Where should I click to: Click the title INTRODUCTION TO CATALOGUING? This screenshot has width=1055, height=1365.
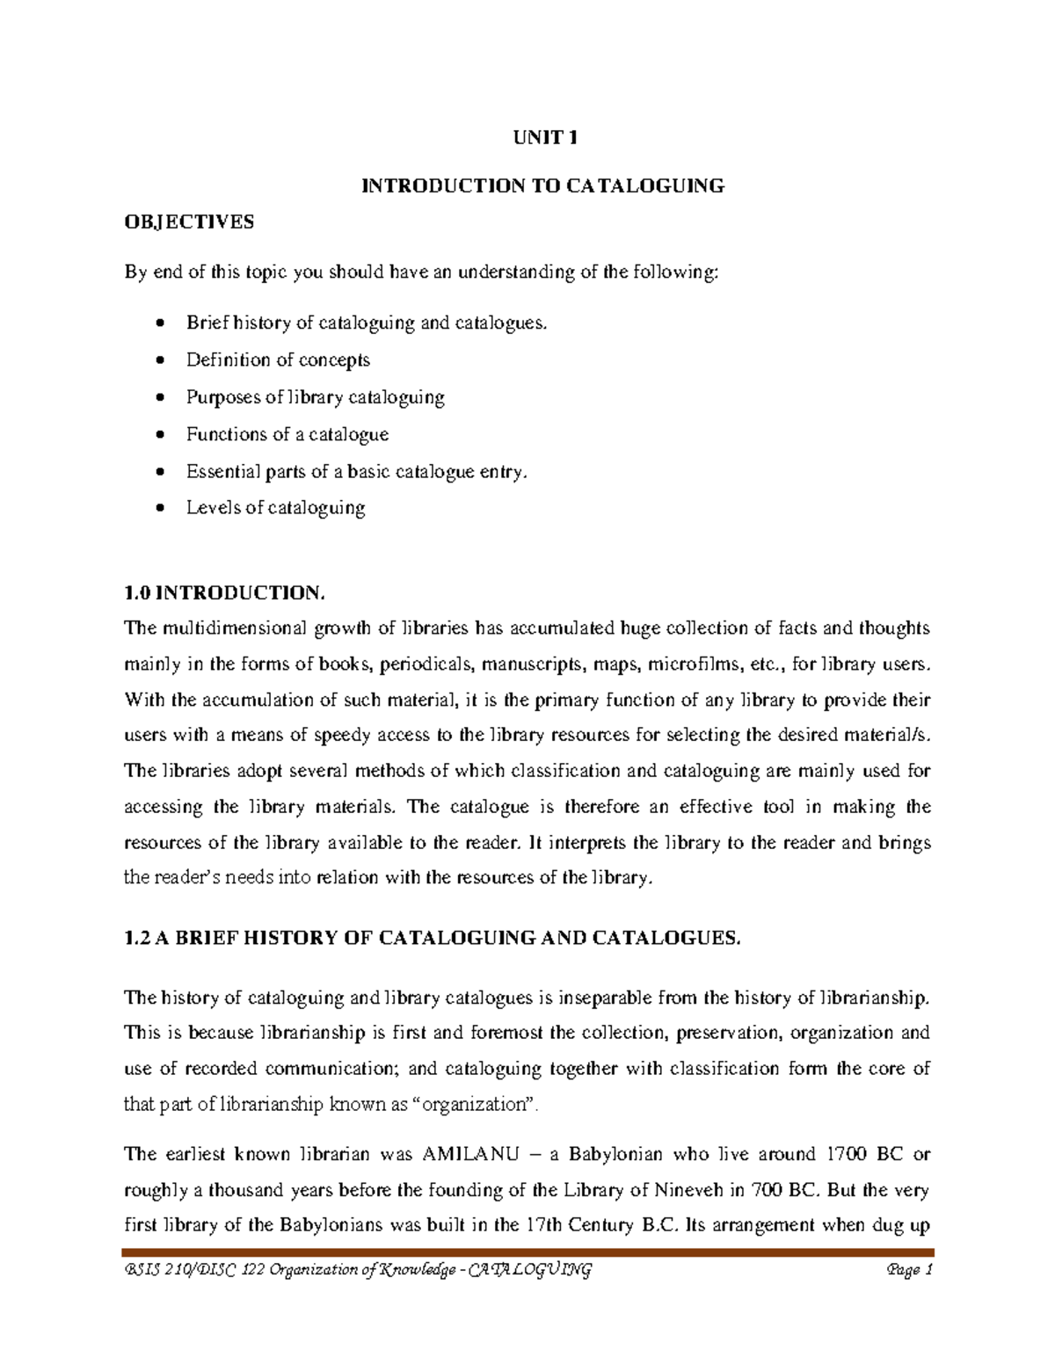pyautogui.click(x=544, y=185)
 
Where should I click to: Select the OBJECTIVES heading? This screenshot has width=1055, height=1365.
pyautogui.click(x=188, y=221)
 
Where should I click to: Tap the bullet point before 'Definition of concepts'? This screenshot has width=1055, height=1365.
pyautogui.click(x=158, y=360)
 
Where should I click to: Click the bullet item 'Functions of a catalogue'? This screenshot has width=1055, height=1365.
pyautogui.click(x=287, y=434)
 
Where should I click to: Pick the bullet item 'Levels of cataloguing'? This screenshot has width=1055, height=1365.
pyautogui.click(x=275, y=507)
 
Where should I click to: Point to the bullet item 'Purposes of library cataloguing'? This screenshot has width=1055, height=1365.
pyautogui.click(x=315, y=397)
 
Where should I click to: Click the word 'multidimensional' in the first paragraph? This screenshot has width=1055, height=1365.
pyautogui.click(x=234, y=628)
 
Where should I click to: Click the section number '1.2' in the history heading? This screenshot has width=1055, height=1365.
pyautogui.click(x=137, y=938)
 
